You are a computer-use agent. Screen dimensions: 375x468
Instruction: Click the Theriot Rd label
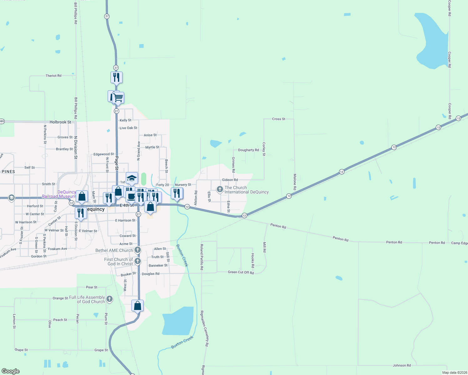pyautogui.click(x=53, y=76)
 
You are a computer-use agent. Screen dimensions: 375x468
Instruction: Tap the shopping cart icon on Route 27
pyautogui.click(x=118, y=97)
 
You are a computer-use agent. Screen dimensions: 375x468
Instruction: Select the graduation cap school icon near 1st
pyautogui.click(x=132, y=178)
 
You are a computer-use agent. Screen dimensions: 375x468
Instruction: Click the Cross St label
pyautogui.click(x=278, y=119)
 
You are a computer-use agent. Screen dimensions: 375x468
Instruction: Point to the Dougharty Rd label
pyautogui.click(x=248, y=150)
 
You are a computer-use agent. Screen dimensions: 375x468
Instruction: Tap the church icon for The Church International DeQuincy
pyautogui.click(x=220, y=189)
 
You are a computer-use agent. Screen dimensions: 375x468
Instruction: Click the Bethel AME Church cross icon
pyautogui.click(x=138, y=250)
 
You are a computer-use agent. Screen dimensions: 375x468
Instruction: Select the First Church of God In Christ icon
pyautogui.click(x=138, y=261)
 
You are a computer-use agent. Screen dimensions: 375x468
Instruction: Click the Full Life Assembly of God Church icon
pyautogui.click(x=109, y=299)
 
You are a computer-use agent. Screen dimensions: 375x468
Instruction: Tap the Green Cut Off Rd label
pyautogui.click(x=241, y=272)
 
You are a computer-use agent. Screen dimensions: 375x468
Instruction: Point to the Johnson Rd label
pyautogui.click(x=402, y=365)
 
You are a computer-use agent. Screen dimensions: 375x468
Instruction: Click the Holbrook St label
pyautogui.click(x=60, y=122)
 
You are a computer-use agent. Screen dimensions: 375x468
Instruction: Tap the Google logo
pyautogui.click(x=11, y=371)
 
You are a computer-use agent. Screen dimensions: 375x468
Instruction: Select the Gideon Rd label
pyautogui.click(x=230, y=180)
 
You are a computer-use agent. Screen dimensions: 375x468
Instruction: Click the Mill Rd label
pyautogui.click(x=265, y=247)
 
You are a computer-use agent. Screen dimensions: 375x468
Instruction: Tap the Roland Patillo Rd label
pyautogui.click(x=202, y=257)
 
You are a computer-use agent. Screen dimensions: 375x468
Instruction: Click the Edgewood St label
pyautogui.click(x=104, y=154)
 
